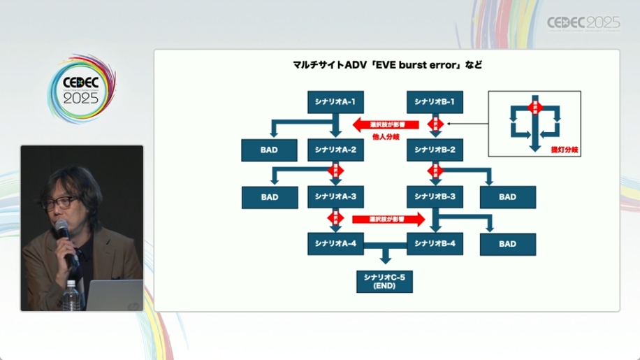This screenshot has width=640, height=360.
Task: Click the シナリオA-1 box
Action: (x=335, y=102)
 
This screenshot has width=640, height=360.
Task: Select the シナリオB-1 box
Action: (x=435, y=102)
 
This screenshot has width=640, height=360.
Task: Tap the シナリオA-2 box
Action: (x=335, y=150)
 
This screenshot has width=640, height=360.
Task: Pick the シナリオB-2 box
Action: (x=435, y=150)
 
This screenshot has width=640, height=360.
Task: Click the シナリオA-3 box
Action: (x=335, y=196)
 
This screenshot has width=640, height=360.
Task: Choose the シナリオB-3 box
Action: (x=435, y=196)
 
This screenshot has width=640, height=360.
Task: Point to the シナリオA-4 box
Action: (x=335, y=243)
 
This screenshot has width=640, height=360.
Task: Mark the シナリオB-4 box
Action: (x=435, y=243)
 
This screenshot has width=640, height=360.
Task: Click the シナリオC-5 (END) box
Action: (x=384, y=281)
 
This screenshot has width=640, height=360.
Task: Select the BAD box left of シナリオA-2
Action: (x=270, y=150)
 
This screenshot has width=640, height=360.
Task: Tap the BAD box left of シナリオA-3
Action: (x=270, y=197)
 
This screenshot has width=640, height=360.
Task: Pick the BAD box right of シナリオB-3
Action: (x=508, y=197)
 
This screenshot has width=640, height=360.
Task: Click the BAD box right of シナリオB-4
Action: (x=508, y=244)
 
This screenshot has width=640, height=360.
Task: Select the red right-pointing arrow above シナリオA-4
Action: (x=388, y=219)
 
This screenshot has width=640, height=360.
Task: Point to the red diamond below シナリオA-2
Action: (x=335, y=171)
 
